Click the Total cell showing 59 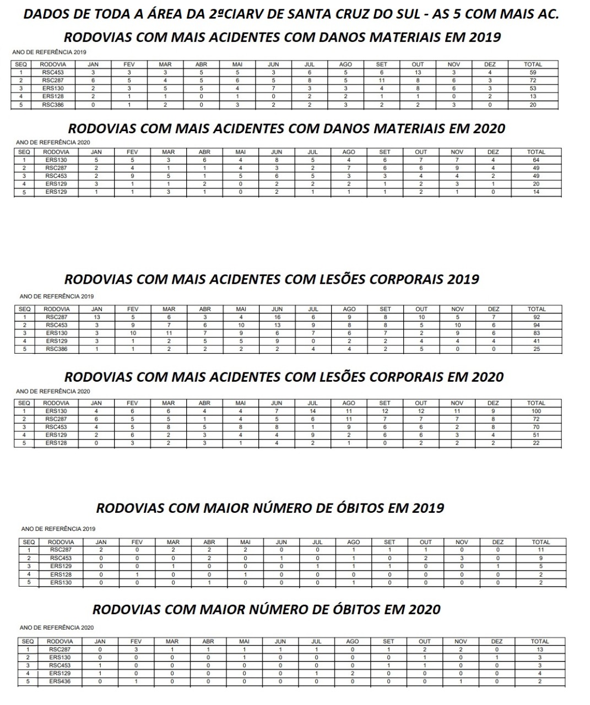pyautogui.click(x=533, y=72)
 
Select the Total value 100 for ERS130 pyautogui.click(x=536, y=411)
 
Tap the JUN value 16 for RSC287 pyautogui.click(x=277, y=317)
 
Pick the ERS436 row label pyautogui.click(x=59, y=681)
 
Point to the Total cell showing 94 pyautogui.click(x=536, y=325)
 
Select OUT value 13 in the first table pyautogui.click(x=418, y=72)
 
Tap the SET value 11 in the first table pyautogui.click(x=381, y=80)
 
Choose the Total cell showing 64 pyautogui.click(x=536, y=160)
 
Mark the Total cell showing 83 pyautogui.click(x=536, y=333)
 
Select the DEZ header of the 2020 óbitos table pyautogui.click(x=497, y=641)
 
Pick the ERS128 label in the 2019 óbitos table pyautogui.click(x=61, y=574)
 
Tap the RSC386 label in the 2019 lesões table pyautogui.click(x=57, y=349)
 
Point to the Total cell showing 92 pyautogui.click(x=536, y=317)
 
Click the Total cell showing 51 pyautogui.click(x=536, y=435)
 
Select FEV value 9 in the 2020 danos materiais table pyautogui.click(x=132, y=176)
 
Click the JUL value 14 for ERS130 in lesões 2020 pyautogui.click(x=313, y=411)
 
